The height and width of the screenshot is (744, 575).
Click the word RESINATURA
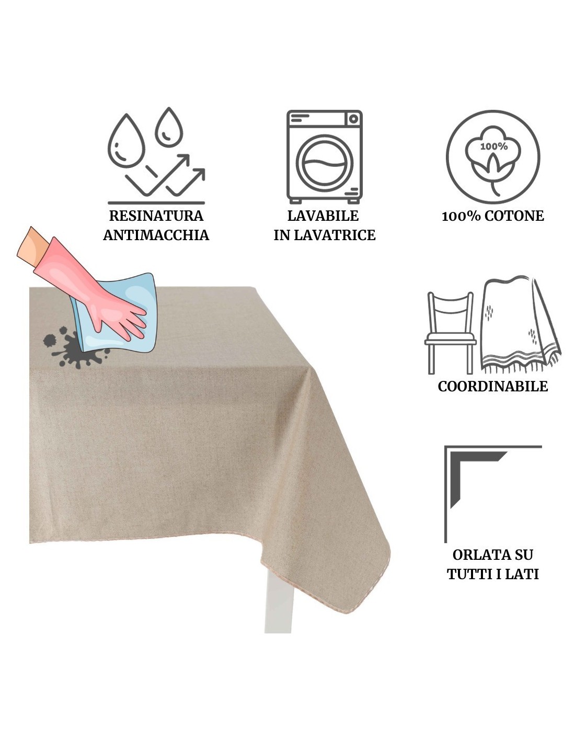(x=156, y=216)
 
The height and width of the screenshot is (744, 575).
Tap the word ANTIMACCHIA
(x=156, y=235)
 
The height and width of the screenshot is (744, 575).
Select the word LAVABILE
(x=323, y=216)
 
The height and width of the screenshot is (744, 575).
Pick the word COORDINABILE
(x=492, y=386)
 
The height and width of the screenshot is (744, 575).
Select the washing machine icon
(x=324, y=157)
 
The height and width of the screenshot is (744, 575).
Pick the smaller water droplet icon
(x=169, y=127)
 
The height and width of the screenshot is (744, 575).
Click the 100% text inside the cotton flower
(x=493, y=146)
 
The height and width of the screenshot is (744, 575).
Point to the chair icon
(x=450, y=333)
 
